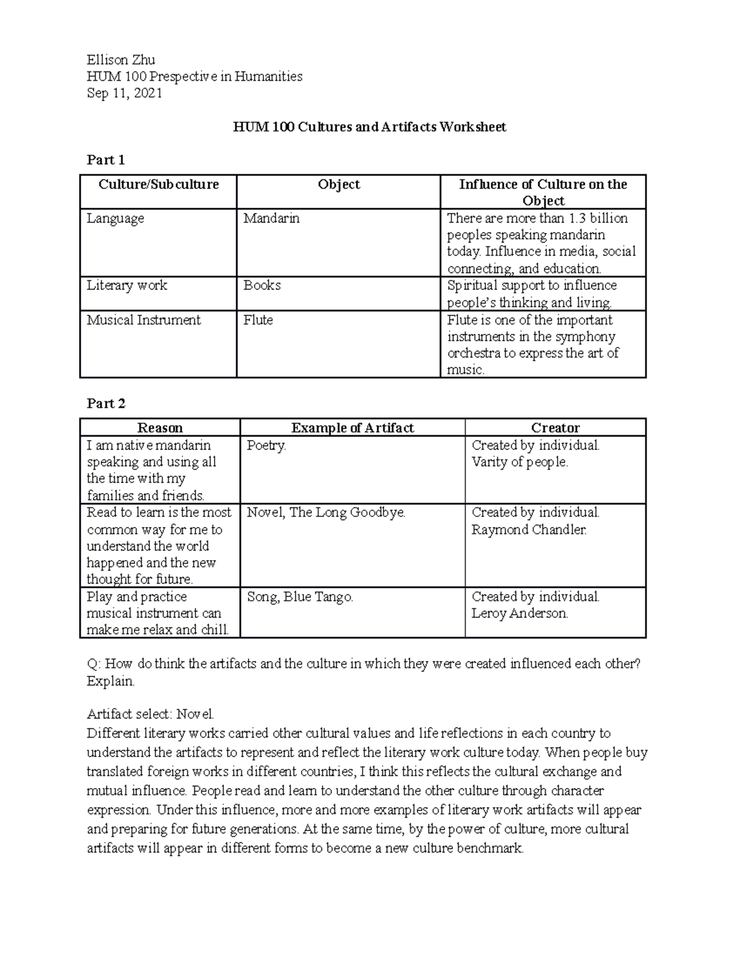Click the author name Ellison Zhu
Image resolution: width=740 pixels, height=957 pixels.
[120, 60]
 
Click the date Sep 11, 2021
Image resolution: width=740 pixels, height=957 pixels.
[124, 93]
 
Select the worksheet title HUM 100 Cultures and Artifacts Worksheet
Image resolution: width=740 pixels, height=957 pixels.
[369, 127]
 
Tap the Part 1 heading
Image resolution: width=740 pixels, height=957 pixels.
[105, 160]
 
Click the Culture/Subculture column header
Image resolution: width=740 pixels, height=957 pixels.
[158, 184]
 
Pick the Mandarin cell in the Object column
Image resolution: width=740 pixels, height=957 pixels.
[271, 218]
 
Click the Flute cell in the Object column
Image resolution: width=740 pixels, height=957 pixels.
[258, 320]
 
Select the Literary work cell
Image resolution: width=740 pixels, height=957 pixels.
[126, 285]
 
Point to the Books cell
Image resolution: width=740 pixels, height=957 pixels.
[262, 285]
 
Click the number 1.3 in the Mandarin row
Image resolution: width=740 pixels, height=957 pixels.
[576, 218]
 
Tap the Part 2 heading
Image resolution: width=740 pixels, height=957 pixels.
[106, 404]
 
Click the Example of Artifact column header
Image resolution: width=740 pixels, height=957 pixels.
[352, 428]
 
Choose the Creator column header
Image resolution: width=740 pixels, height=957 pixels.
[555, 428]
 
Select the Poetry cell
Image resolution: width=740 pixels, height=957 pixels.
[266, 446]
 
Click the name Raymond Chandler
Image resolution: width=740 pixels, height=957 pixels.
[528, 529]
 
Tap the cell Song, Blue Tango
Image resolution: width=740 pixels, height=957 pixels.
[300, 597]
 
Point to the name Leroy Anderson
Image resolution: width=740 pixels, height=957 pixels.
[519, 613]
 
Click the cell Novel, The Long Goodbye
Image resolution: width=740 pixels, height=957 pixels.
[326, 513]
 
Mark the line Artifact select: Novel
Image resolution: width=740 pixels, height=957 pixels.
[150, 714]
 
